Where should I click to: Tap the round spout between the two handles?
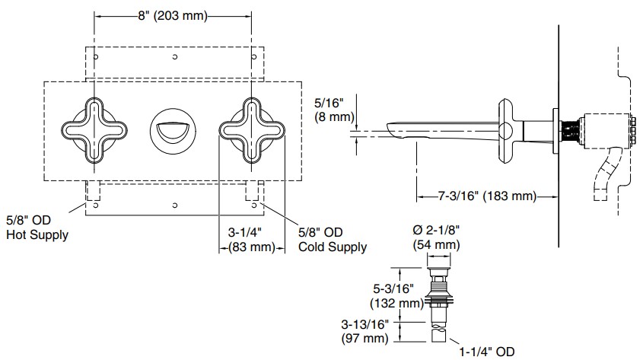point(173,129)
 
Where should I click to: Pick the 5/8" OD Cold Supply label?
point(332,239)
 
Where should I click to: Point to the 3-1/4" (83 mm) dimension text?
point(251,240)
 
